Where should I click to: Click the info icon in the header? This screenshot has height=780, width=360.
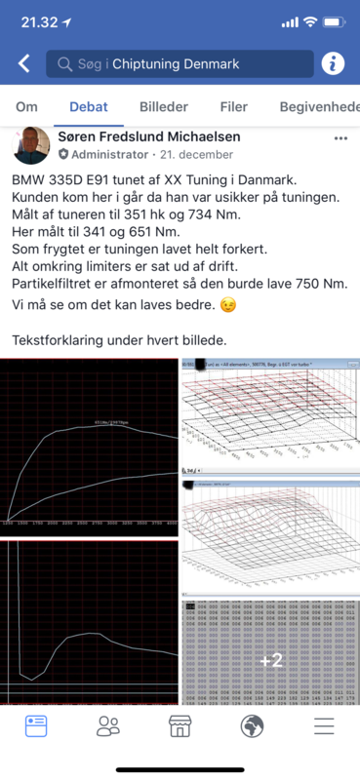click(334, 64)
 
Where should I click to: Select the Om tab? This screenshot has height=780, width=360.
click(27, 107)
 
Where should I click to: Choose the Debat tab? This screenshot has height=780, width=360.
click(89, 107)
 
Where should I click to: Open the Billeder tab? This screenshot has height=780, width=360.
click(164, 107)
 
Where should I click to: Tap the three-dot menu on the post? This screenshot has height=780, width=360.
click(340, 138)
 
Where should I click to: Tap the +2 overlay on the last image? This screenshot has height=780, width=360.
click(270, 660)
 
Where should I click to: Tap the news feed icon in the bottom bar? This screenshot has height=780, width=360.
click(36, 725)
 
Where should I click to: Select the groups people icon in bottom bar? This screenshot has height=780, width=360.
click(108, 725)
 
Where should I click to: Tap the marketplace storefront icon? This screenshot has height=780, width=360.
click(180, 725)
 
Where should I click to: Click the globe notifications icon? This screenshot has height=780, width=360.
click(252, 725)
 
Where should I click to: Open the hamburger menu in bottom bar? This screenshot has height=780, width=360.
click(324, 725)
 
